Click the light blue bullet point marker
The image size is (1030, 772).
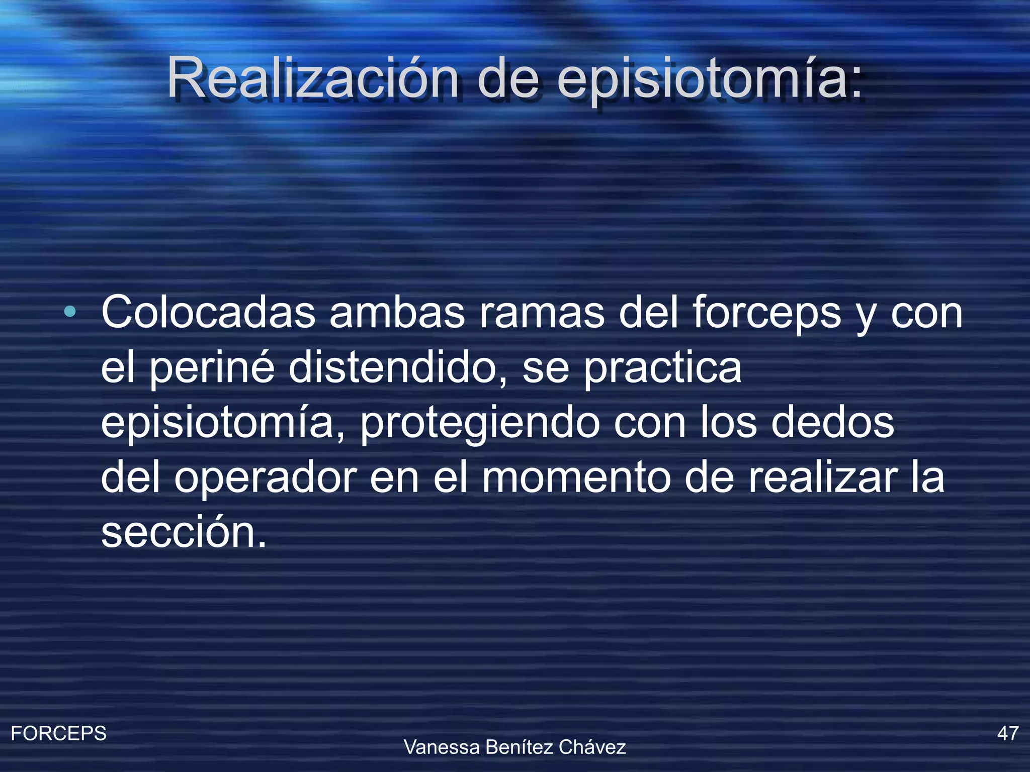70,312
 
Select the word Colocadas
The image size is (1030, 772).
208,313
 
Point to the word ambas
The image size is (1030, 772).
397,313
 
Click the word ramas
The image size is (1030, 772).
542,313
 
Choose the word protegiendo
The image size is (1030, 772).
480,424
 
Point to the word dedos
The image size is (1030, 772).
832,423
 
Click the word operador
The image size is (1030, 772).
265,478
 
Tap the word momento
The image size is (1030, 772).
577,478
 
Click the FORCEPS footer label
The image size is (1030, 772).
59,733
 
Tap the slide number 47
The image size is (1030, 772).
1008,733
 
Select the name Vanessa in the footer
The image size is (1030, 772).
442,747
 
